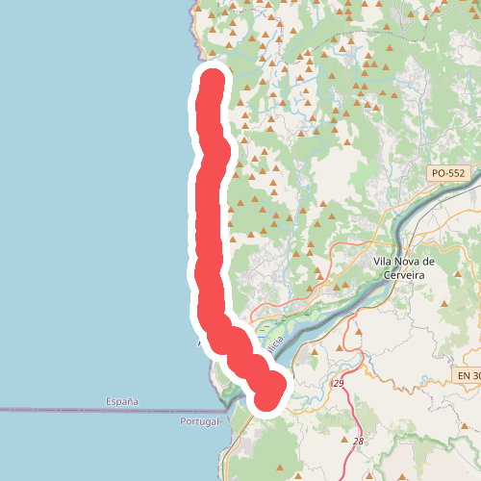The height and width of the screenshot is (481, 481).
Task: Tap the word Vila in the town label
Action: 384,261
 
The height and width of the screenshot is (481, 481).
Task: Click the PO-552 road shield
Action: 447,172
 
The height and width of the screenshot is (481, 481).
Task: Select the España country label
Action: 121,400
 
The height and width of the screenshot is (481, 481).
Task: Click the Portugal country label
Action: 200,422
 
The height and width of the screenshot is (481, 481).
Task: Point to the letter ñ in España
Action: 126,400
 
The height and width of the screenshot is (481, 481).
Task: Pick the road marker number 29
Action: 338,384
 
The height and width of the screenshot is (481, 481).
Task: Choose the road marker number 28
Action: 358,441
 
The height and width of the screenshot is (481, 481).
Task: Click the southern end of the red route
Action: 271,394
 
